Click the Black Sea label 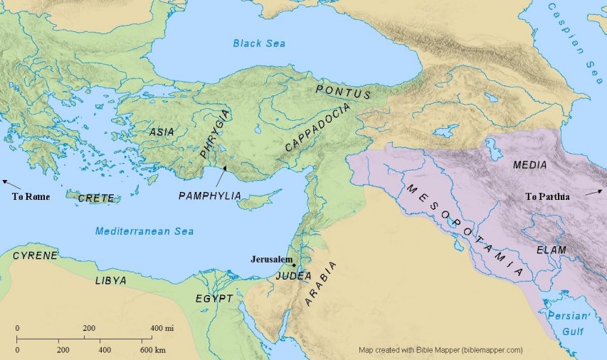(x=259, y=44)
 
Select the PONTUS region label (x=344, y=91)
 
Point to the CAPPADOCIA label (x=317, y=127)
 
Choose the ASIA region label (x=162, y=132)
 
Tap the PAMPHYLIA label (x=210, y=195)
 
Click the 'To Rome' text (x=31, y=196)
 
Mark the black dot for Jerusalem (x=294, y=265)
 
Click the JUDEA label (x=294, y=275)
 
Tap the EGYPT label (x=214, y=299)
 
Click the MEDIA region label (x=529, y=165)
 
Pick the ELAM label (x=551, y=250)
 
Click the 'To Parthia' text (x=547, y=196)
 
